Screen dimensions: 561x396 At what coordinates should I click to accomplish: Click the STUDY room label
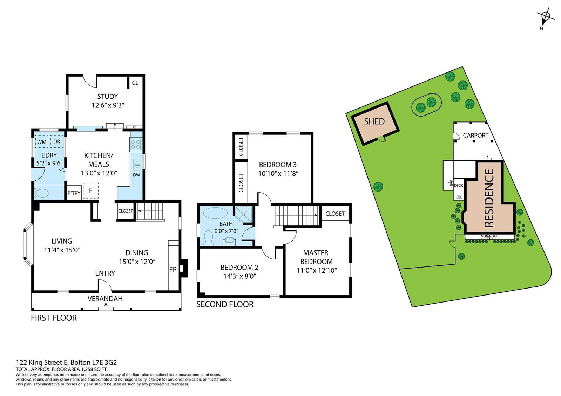pos(107,96)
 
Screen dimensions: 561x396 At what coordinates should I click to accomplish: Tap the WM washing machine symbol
pos(42,141)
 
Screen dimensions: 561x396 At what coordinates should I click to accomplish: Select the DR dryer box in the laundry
pos(57,141)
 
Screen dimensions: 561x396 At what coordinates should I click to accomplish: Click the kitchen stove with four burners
pos(136,145)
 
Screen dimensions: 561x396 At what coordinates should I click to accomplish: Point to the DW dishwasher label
pos(136,175)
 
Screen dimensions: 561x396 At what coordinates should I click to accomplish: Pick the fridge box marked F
pos(91,190)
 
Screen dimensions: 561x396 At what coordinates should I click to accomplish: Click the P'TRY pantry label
pos(74,193)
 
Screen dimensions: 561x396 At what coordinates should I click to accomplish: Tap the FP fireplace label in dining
pos(173,269)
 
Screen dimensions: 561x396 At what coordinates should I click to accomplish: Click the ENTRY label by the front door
pos(105,273)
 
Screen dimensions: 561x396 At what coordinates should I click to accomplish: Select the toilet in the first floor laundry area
pos(41,193)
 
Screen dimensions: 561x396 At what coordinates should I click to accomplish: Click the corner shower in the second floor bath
pos(244,214)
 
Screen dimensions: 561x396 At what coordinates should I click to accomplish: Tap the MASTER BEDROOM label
pos(316,257)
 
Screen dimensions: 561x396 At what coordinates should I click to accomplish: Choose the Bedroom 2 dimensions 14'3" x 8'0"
pos(239,276)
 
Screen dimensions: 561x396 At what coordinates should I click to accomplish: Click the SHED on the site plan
pos(375,123)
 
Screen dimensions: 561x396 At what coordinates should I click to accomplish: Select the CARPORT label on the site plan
pos(475,136)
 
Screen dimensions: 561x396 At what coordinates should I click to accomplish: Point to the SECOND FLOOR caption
pos(225,304)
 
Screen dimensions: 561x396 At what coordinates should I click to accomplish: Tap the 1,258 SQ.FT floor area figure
pos(94,369)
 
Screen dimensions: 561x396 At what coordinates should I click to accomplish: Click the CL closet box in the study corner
pos(135,83)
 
